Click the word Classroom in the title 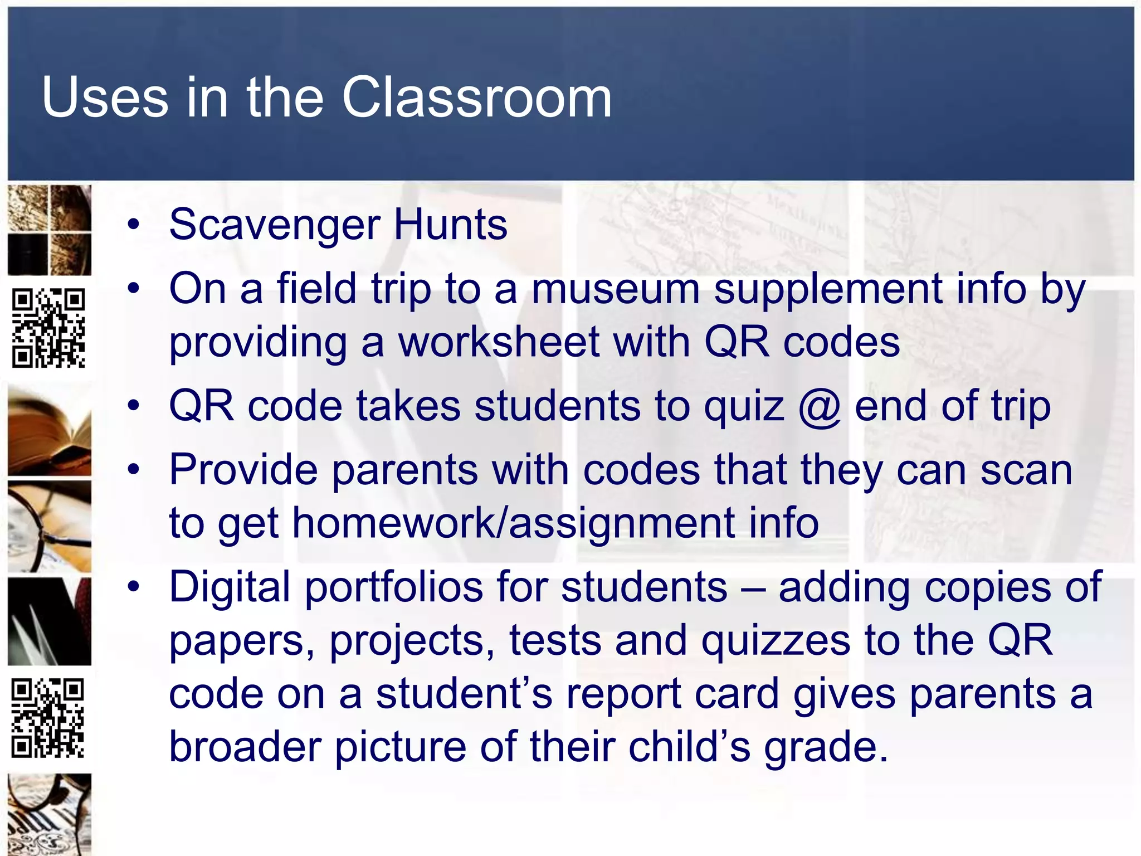point(476,98)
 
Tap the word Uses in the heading point(104,98)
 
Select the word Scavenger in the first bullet point(275,225)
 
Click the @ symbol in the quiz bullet point(818,406)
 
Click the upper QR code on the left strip point(49,328)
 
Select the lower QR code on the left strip point(48,718)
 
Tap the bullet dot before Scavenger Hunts point(133,225)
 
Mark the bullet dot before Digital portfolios point(133,587)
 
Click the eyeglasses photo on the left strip point(50,527)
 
